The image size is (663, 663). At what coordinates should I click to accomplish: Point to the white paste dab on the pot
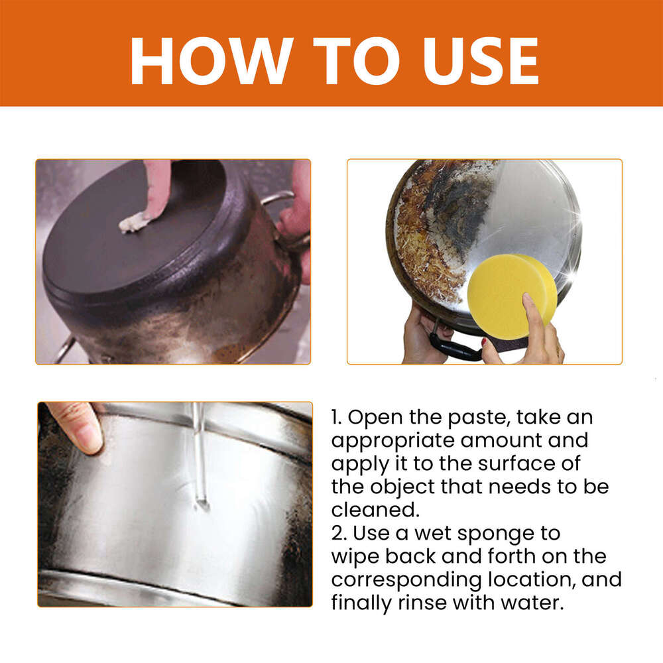(x=135, y=223)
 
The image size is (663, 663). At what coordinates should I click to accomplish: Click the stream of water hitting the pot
(x=198, y=464)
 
